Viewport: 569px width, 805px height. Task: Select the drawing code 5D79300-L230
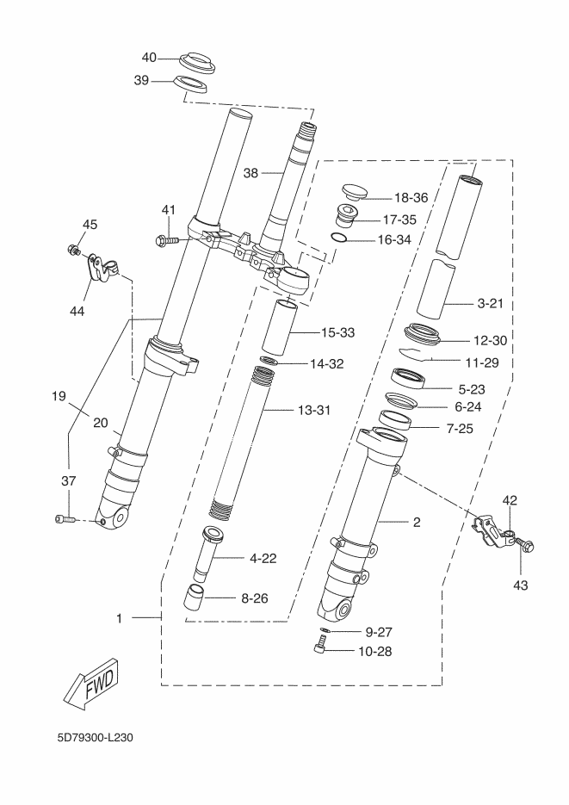click(x=96, y=738)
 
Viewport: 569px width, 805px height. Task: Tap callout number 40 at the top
click(x=149, y=58)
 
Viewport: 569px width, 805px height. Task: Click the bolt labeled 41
click(x=167, y=239)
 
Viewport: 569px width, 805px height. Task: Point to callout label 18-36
click(x=411, y=198)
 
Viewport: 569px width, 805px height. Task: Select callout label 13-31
click(x=314, y=410)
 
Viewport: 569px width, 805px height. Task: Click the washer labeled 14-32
click(x=269, y=360)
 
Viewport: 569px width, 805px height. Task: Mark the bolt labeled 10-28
click(x=321, y=644)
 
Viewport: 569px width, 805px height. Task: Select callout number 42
click(x=510, y=500)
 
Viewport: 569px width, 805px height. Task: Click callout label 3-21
click(x=490, y=303)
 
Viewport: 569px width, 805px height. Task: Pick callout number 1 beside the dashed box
click(x=119, y=619)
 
